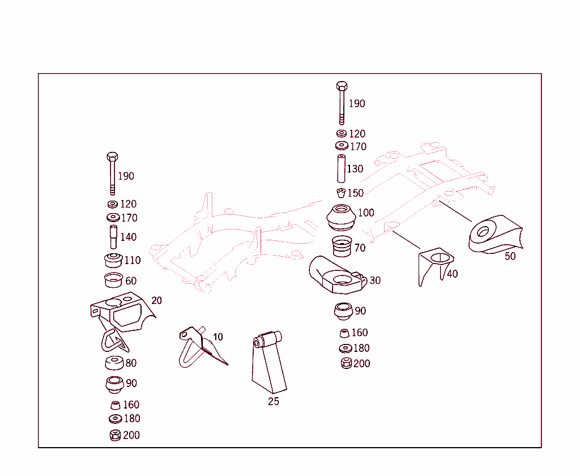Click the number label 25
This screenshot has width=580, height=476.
pos(274,402)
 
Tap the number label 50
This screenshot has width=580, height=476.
pos(510,256)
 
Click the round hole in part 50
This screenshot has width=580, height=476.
pos(483,231)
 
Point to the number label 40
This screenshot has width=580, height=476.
pos(452,274)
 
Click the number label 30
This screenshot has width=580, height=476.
pos(375,280)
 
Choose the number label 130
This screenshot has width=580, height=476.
pos(355,169)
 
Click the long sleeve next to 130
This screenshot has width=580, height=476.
pos(341,168)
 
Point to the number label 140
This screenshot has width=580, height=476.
pos(128,237)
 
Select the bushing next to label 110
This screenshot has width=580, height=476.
pos(114,261)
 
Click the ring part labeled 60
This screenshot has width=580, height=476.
pos(113,281)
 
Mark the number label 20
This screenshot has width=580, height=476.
pos(156,300)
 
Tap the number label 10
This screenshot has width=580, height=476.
pos(217,337)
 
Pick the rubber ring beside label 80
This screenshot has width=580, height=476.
pos(114,363)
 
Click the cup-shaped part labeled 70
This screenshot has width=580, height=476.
pos(342,247)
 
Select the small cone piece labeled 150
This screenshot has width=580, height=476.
pos(341,193)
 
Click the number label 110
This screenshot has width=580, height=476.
pos(133,261)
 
